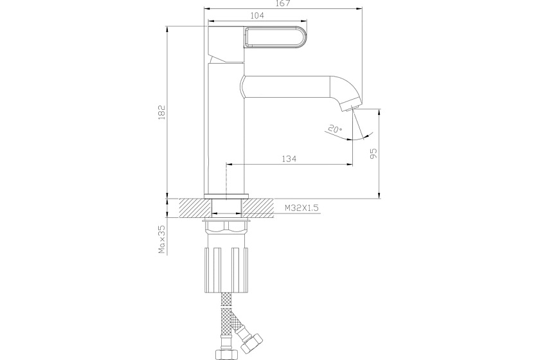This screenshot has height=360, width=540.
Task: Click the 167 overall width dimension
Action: coord(283,4)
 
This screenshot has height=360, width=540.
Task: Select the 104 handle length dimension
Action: coord(257,15)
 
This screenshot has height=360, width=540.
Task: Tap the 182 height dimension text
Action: coord(161,112)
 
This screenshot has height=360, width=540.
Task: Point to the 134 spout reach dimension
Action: coord(289,159)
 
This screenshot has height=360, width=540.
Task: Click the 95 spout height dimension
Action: coord(373,153)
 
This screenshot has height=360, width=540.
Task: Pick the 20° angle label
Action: coord(335,129)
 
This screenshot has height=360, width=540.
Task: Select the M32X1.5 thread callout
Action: coord(301,208)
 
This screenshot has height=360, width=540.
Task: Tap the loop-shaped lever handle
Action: coord(275,37)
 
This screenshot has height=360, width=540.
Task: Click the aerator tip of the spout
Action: coord(350,104)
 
